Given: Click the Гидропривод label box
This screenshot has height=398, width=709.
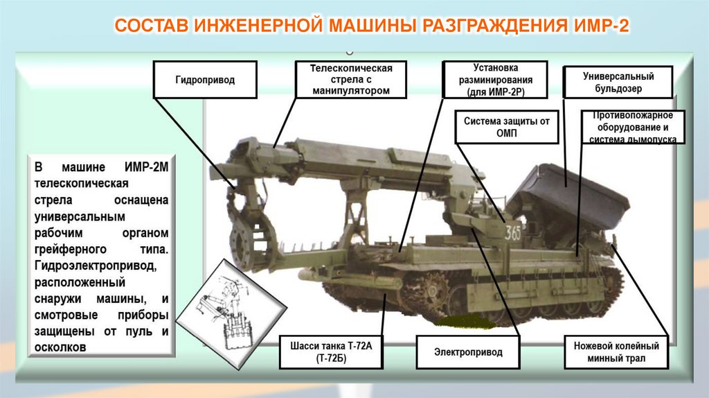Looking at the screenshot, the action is pos(204,79).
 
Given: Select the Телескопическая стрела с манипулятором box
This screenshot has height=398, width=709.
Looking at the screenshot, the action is pos(350,79).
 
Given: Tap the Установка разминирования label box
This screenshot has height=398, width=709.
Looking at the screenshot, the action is pos(495,79).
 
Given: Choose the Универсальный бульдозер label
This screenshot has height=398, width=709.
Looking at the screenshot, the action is pos(618,83).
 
